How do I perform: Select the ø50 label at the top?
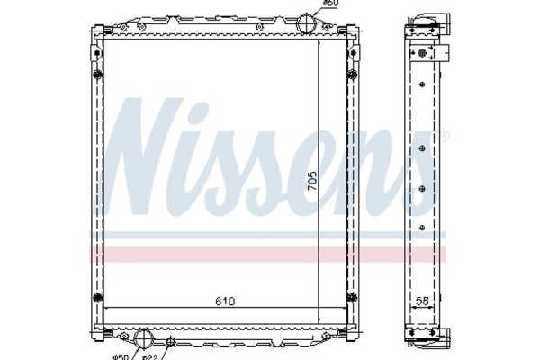point(331,4)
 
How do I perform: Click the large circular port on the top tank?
point(309,20)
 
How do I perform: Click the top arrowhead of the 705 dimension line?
point(319,40)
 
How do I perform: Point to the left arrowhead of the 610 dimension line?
point(109,309)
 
